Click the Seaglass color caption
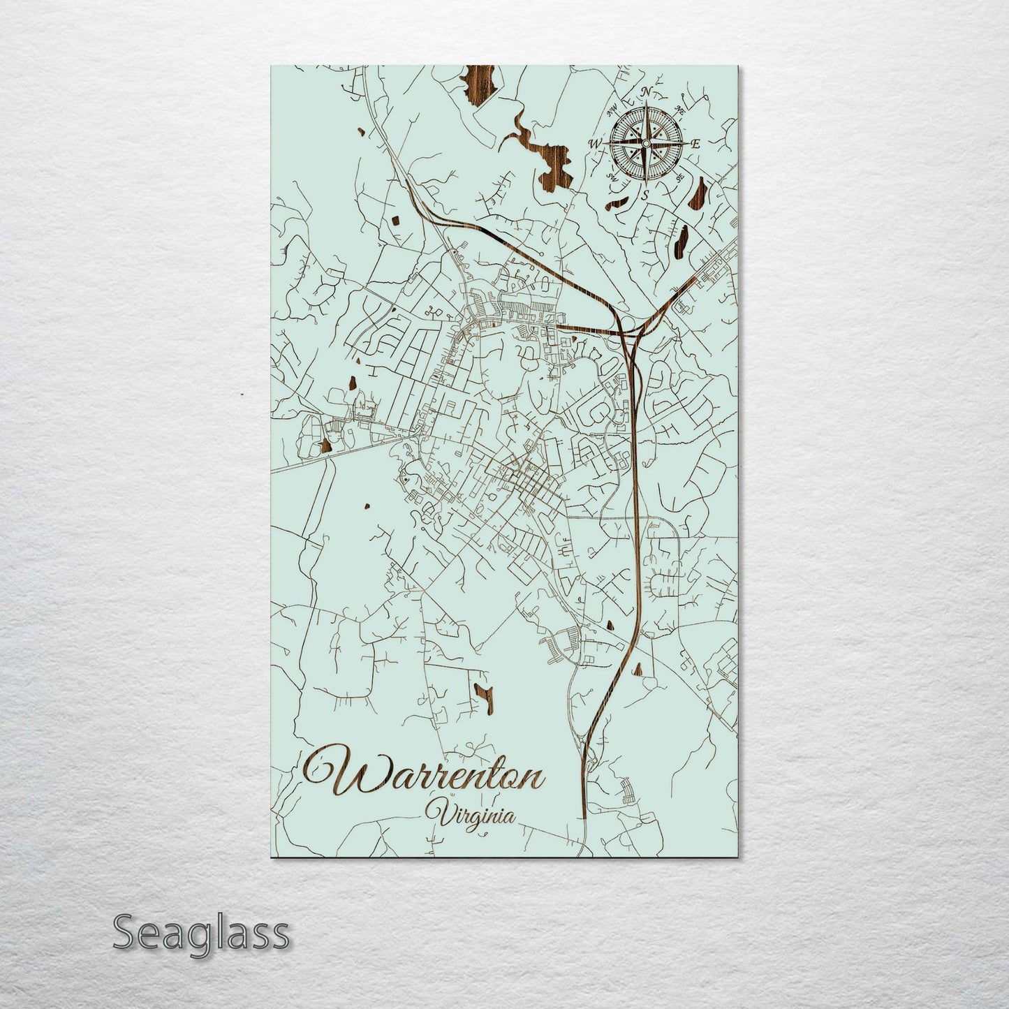200,932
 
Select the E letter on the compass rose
695,144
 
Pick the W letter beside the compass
596,144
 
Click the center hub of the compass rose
646,144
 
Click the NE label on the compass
682,110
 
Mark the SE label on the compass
681,178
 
